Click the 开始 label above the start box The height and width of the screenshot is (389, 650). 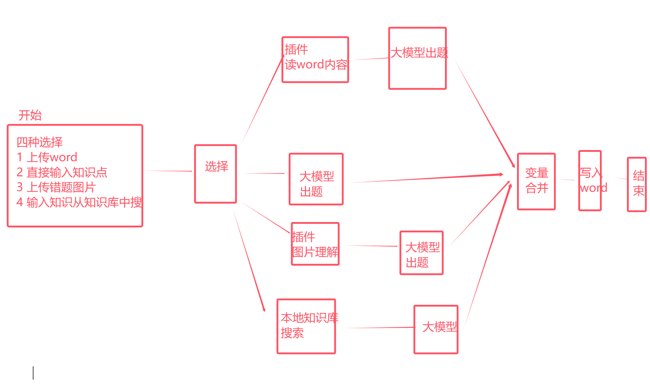coord(30,116)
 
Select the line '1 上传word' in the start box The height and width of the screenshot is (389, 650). coord(47,157)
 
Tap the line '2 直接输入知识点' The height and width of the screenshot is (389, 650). coord(62,172)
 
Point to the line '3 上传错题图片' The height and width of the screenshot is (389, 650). coord(56,187)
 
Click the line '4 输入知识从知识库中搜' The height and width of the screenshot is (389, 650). coord(79,203)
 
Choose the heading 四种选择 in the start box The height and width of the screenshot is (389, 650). coord(40,142)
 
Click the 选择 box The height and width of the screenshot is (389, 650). coord(215,174)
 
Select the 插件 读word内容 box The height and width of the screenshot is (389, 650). coord(315,60)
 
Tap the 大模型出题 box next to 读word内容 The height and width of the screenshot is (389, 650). coord(418,58)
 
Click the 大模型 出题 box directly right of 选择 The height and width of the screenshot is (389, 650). coord(316,179)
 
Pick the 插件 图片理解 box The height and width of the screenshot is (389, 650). coord(315,244)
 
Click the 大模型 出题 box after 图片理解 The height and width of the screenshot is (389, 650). coord(422,253)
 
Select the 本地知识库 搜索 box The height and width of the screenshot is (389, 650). coord(306,326)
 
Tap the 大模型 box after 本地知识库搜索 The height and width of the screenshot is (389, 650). coord(436,330)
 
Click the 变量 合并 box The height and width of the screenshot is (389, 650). coord(537,181)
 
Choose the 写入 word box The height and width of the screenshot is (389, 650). coord(590,181)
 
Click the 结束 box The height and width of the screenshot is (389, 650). coord(637,184)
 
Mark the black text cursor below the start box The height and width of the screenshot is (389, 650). coord(33,373)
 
